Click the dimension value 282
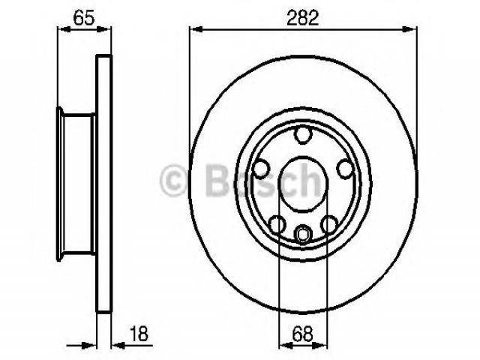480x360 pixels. coord(303,18)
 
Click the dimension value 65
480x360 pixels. coord(84,18)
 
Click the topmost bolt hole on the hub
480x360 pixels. coord(303,134)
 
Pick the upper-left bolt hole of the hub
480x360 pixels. coord(262,169)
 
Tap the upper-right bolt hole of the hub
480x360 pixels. coord(345,169)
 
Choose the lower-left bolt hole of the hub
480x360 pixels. coord(277,224)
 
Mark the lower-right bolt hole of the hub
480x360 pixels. coord(329,224)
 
